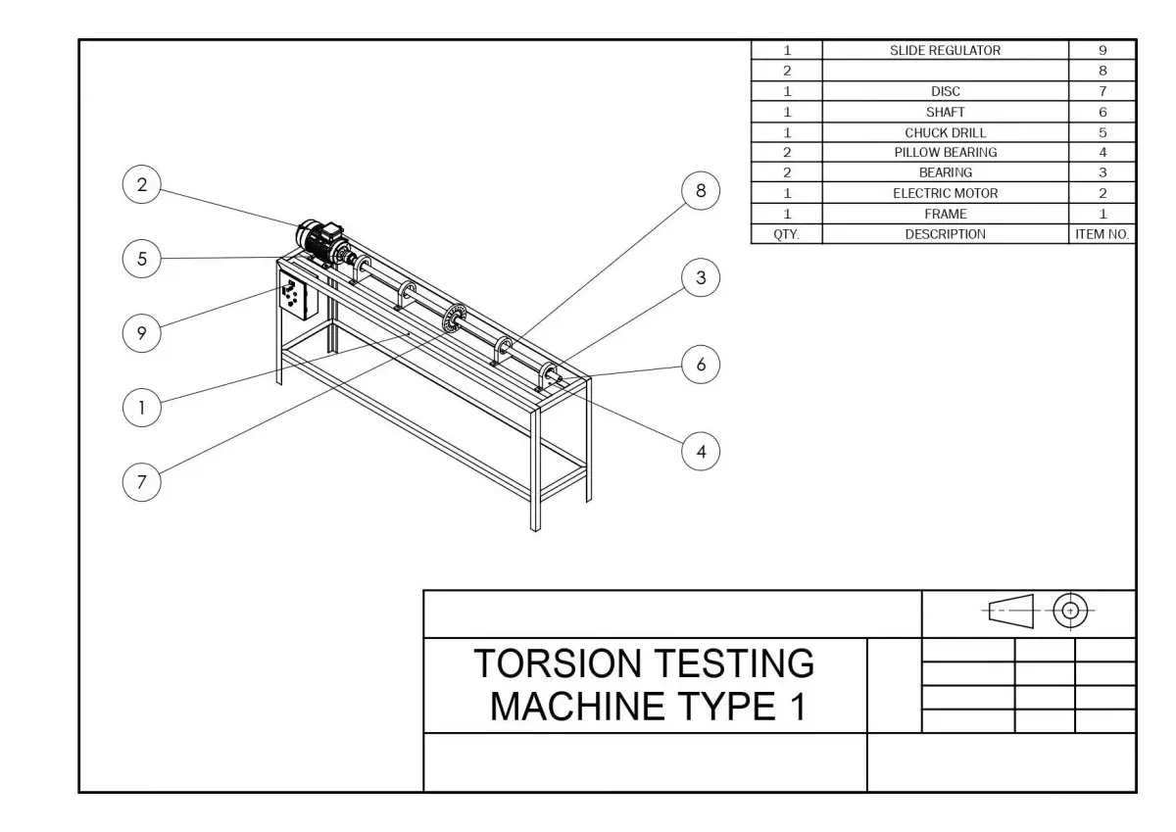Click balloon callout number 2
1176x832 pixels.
pos(142,185)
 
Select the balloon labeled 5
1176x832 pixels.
pos(142,259)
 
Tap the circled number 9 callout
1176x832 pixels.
pos(142,333)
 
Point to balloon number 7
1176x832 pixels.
pos(142,482)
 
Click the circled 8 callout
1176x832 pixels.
pos(700,191)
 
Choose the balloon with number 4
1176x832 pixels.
pos(700,452)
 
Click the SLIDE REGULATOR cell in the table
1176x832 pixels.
pos(945,51)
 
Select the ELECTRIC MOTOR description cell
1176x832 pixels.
pos(945,193)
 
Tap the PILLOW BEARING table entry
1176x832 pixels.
pos(945,152)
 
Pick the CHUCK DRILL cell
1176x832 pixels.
pos(945,132)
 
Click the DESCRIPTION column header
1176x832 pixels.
pos(945,234)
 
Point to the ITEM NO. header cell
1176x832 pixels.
pos(1102,234)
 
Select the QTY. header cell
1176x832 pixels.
pos(787,234)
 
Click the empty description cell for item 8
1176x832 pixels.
pos(945,71)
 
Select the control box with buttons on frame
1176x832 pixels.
pos(294,297)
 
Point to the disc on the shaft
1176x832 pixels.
pos(453,318)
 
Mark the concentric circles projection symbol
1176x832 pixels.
pos(1070,611)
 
